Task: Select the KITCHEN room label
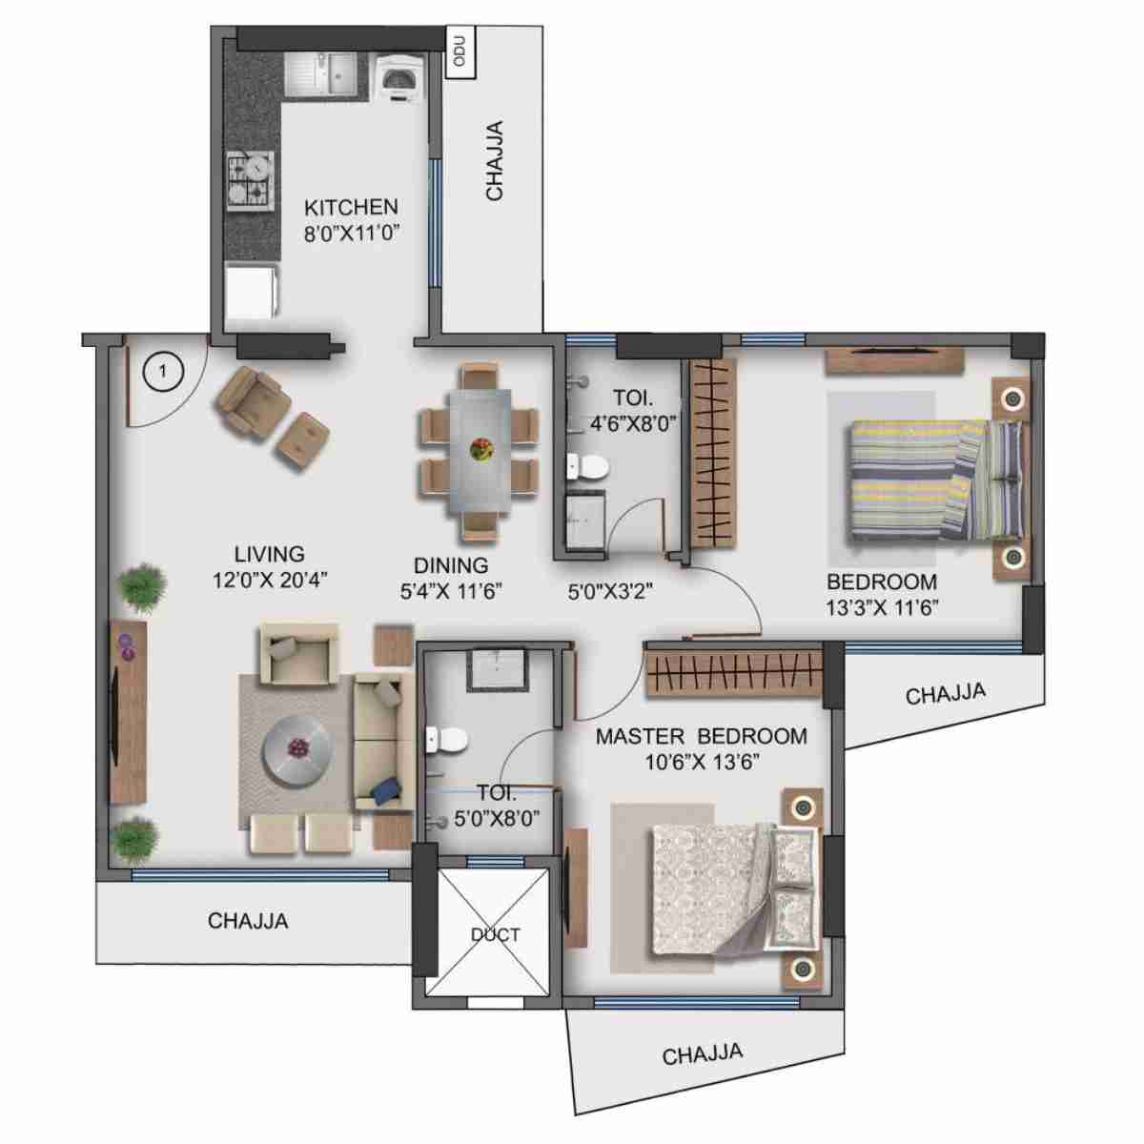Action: (351, 207)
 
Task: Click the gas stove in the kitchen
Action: (250, 180)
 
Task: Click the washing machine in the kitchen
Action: (399, 75)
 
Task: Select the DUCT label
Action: (495, 934)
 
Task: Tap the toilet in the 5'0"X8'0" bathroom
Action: (446, 739)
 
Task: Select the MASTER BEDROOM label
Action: (701, 736)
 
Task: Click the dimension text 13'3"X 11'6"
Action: (883, 607)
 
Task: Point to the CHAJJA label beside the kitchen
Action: (495, 160)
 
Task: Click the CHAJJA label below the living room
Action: (248, 921)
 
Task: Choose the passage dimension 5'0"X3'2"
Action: (608, 591)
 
